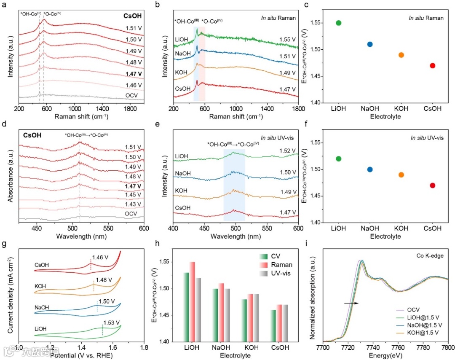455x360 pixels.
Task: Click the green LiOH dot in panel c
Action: click(x=338, y=23)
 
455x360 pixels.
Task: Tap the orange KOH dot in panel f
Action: click(x=401, y=175)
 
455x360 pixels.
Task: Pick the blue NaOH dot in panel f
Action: click(x=370, y=169)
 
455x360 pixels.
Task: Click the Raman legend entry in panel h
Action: click(x=282, y=265)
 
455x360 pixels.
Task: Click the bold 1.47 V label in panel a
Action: click(x=134, y=73)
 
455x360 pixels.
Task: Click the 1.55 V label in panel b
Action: click(x=287, y=40)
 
